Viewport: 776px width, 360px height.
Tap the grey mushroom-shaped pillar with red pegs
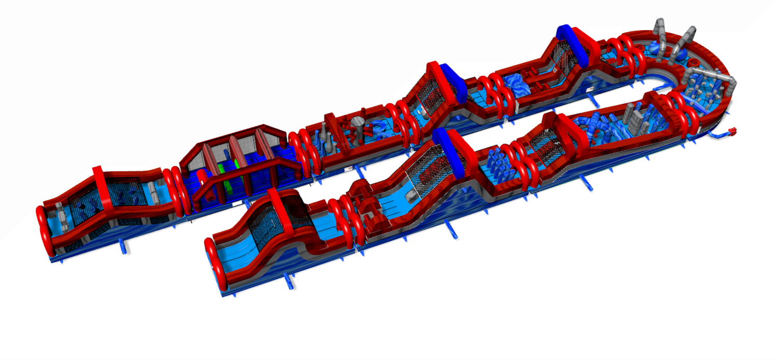[x=357, y=123]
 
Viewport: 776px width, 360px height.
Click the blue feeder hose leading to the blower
[x=718, y=135]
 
